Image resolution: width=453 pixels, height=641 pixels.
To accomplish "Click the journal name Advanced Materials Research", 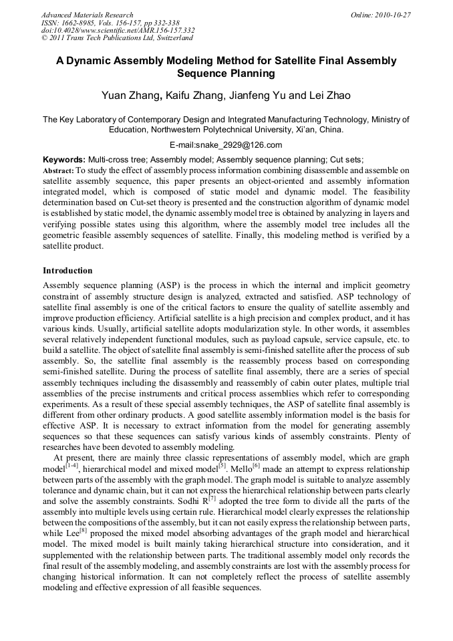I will [87, 15].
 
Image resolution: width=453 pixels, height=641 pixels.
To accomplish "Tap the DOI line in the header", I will [118, 30].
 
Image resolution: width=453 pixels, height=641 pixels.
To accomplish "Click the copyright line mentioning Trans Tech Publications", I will [117, 38].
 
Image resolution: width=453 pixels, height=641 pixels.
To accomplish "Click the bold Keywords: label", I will [64, 160].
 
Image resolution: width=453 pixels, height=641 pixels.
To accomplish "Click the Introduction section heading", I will [67, 271].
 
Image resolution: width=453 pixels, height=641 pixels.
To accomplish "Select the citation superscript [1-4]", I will [71, 465].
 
